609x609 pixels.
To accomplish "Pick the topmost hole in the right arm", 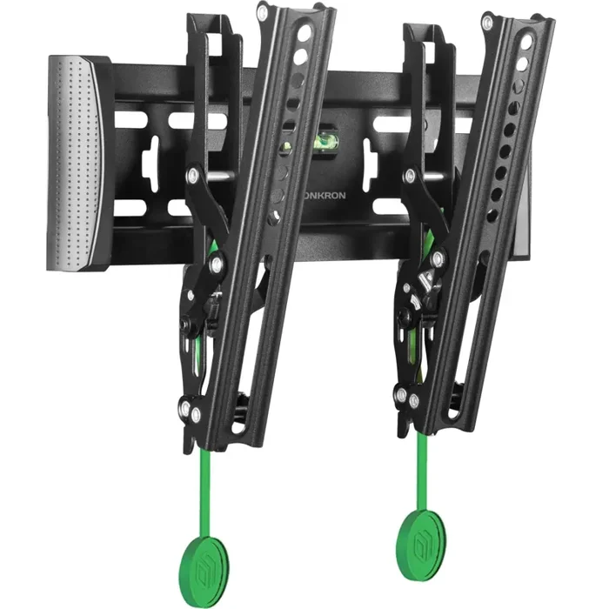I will click(525, 42).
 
